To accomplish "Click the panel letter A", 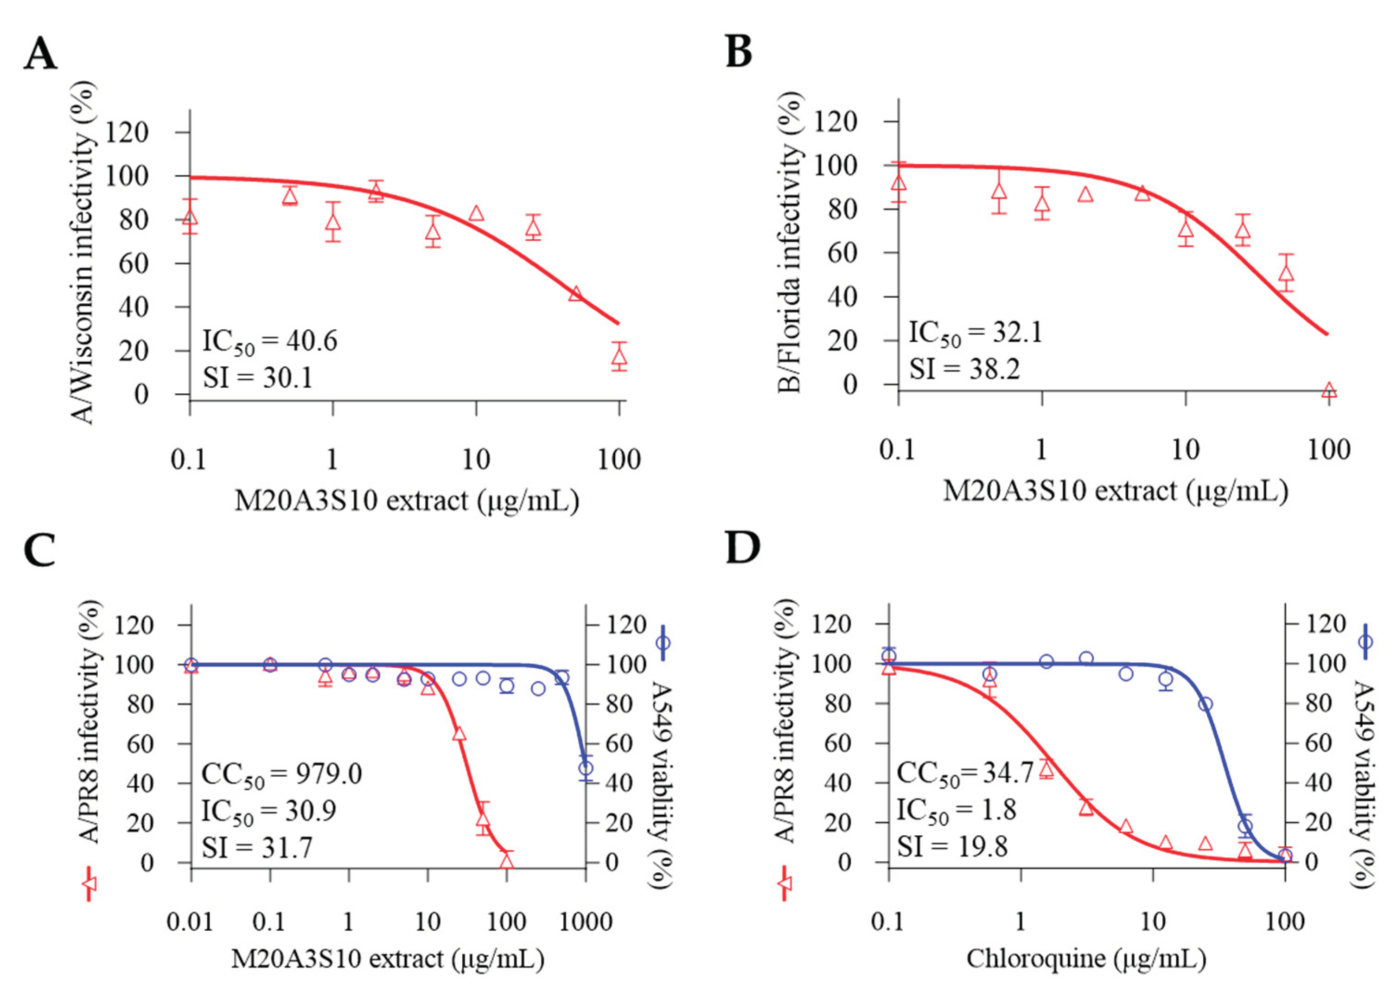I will tap(40, 54).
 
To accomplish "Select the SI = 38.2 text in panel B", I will tap(964, 369).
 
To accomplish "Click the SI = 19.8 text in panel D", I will tap(952, 846).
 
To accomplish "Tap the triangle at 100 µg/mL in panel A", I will tap(619, 357).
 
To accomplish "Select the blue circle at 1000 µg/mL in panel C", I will tap(586, 768).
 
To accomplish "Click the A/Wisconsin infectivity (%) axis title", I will tap(85, 253).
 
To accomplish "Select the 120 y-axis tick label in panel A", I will tap(127, 132).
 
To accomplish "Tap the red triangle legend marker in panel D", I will tap(785, 883).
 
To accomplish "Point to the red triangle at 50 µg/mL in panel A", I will tap(576, 293).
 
